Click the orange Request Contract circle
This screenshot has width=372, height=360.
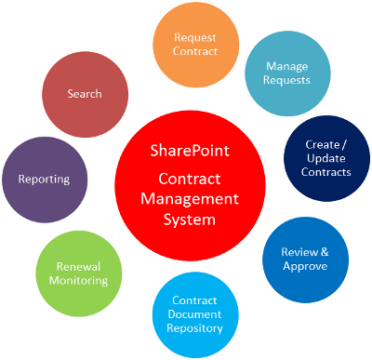pyautogui.click(x=194, y=44)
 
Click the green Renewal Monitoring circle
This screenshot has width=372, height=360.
pyautogui.click(x=77, y=273)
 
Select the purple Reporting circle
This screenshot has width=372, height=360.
pyautogui.click(x=41, y=178)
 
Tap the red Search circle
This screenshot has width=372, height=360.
pyautogui.click(x=85, y=94)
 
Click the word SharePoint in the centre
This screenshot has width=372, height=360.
pyautogui.click(x=189, y=151)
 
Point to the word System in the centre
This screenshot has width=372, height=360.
pyautogui.click(x=189, y=220)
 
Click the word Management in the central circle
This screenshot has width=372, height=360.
pyautogui.click(x=189, y=198)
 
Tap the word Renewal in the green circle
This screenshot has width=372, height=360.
pyautogui.click(x=77, y=266)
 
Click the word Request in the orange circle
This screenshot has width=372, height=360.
pyautogui.click(x=194, y=37)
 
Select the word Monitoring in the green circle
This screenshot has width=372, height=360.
pyautogui.click(x=77, y=280)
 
